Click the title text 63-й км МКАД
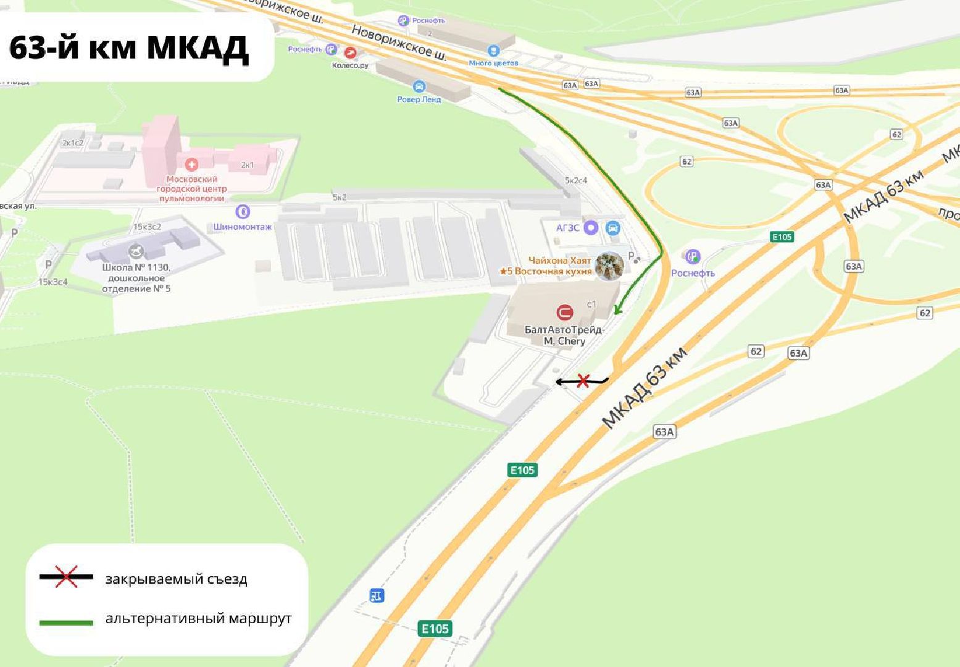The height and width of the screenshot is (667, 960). pos(129,48)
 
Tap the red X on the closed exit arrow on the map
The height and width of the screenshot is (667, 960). pos(582,381)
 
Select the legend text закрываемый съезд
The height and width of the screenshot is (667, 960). pos(176,579)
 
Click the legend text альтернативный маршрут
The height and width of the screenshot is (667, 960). pos(198,618)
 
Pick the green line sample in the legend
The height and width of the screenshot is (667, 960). pos(66,623)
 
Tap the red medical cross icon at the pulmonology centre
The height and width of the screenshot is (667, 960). pos(191,164)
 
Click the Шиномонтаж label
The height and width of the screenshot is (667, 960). pos(243,227)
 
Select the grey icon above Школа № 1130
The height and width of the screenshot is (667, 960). pos(136,251)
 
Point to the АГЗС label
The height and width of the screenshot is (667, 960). pos(567,228)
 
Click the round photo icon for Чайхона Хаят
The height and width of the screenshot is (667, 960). pos(609,266)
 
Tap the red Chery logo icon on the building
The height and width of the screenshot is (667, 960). pos(564,313)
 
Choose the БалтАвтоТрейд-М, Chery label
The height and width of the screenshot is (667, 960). pos(564,335)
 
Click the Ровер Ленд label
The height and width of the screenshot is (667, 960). pos(419,99)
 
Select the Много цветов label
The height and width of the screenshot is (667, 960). pos(493,62)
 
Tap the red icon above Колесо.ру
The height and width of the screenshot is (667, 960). pos(350,52)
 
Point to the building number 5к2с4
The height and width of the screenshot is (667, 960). pos(575,180)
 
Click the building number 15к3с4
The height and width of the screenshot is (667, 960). pos(53,282)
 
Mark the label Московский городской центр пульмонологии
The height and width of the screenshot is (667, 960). pos(192,188)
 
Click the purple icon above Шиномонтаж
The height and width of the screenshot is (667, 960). pos(243,212)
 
